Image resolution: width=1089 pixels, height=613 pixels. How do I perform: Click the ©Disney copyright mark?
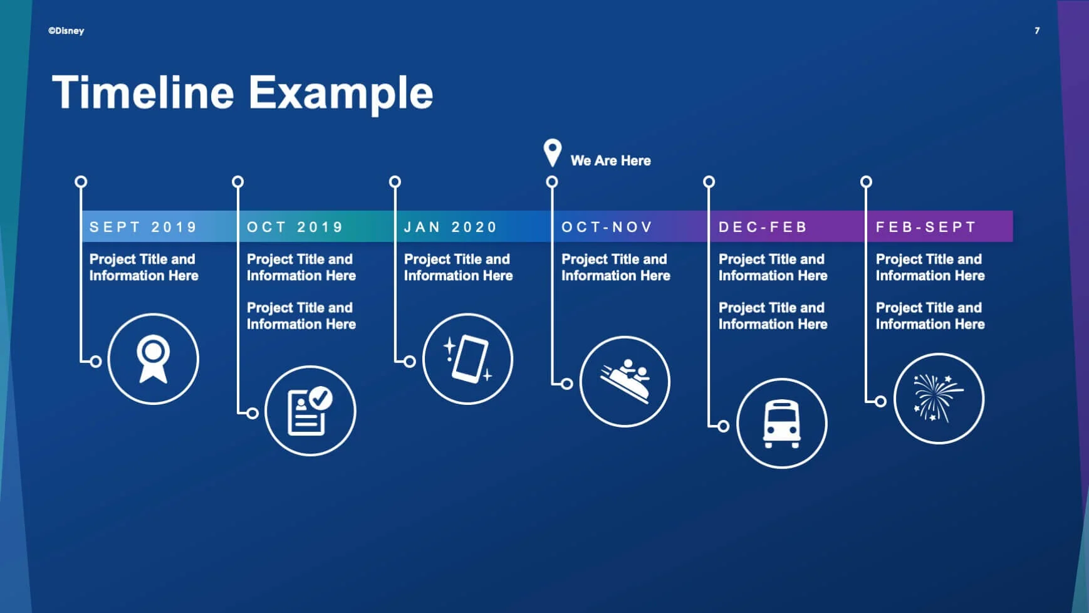tap(66, 31)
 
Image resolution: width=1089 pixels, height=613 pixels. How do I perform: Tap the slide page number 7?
tap(1037, 31)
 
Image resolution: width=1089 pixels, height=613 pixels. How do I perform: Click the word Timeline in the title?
tap(143, 93)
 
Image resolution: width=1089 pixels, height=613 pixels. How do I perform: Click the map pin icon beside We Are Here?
tap(552, 152)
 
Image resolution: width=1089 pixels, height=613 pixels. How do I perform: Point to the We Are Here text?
tap(610, 160)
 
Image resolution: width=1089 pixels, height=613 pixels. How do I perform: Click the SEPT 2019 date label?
tap(143, 227)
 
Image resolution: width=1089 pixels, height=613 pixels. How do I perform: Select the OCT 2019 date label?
tap(295, 227)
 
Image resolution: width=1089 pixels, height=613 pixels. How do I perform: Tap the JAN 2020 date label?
tap(451, 227)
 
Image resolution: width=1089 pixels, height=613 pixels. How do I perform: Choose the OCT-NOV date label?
tap(607, 227)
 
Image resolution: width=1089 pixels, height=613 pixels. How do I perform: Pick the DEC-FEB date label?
tap(763, 227)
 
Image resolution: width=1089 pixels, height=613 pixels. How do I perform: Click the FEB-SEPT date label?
tap(926, 227)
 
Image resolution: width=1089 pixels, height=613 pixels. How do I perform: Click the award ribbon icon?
tap(153, 359)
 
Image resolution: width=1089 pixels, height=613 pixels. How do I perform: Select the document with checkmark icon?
tap(310, 411)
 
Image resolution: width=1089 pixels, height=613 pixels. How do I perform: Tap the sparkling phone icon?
tap(468, 359)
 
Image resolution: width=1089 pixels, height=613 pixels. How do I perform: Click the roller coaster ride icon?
tap(625, 382)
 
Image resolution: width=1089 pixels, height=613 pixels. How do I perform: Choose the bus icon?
tap(781, 424)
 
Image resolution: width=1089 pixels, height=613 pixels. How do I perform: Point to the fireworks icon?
tap(939, 399)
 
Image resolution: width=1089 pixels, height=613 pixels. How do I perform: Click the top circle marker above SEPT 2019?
tap(81, 182)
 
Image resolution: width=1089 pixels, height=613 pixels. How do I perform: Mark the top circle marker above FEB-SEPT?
tap(866, 182)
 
